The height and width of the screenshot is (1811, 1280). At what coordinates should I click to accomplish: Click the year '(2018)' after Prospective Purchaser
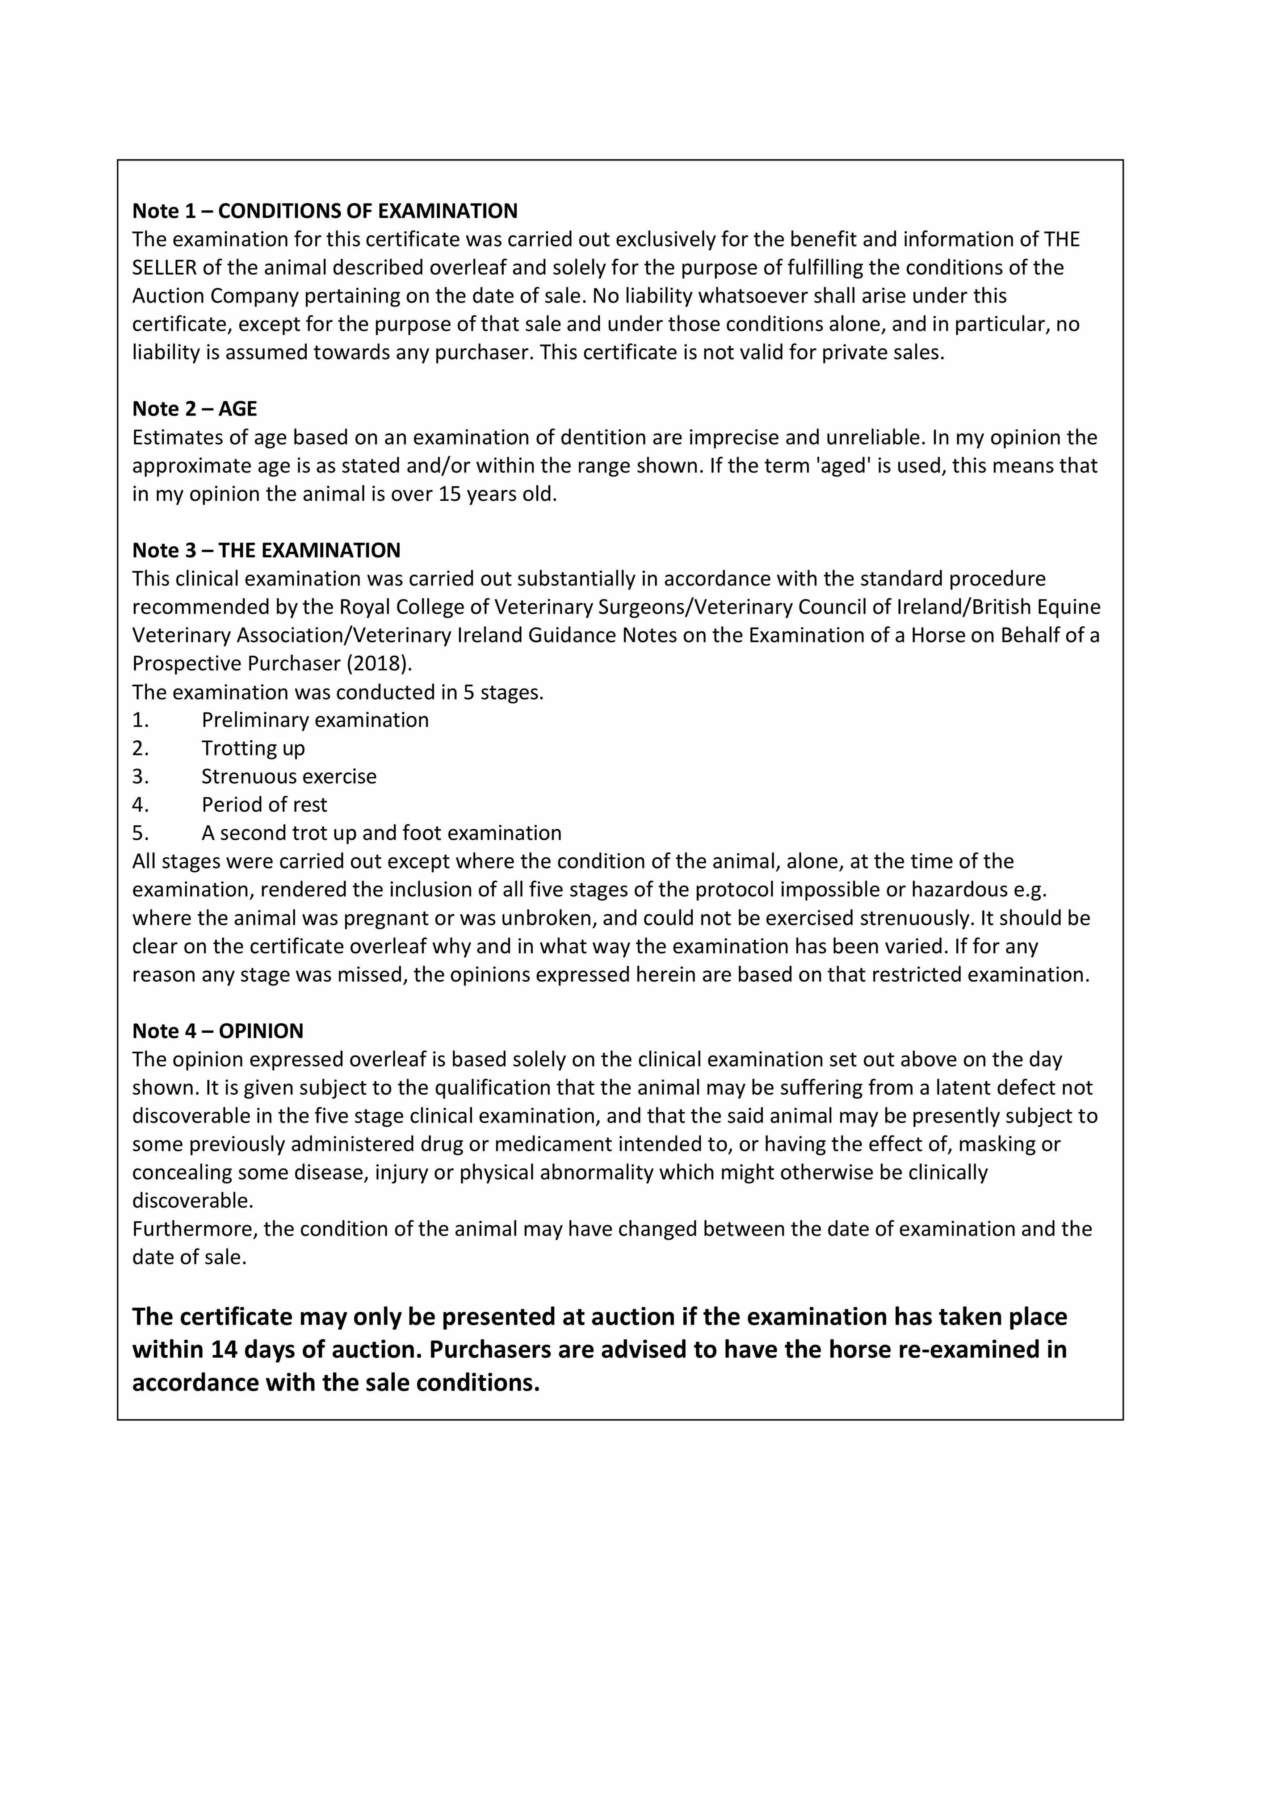(x=378, y=663)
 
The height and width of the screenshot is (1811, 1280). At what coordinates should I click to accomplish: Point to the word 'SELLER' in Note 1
(x=164, y=267)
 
